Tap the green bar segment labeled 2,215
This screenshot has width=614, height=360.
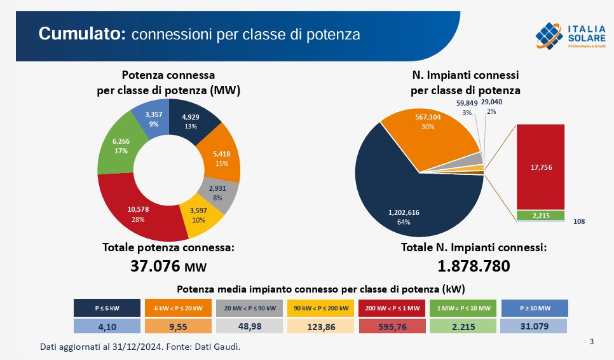point(540,215)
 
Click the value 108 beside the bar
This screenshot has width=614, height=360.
point(578,221)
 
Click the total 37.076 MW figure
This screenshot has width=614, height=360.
point(168,267)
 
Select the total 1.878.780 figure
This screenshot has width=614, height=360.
point(474,267)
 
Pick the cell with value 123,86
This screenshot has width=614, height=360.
point(320,326)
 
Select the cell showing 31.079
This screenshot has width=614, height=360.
point(534,326)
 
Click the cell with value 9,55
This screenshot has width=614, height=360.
point(179,326)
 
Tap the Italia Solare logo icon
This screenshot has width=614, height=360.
point(549,35)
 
